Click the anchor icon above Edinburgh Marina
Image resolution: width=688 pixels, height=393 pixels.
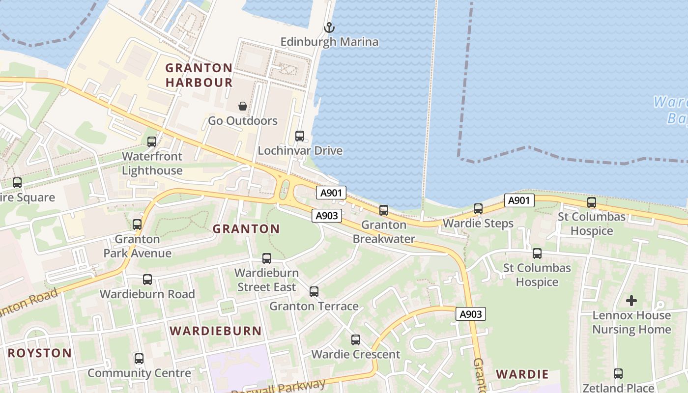[x=329, y=28]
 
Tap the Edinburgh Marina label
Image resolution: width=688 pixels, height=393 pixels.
[x=329, y=42]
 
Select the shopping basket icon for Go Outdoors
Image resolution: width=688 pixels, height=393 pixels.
[x=243, y=106]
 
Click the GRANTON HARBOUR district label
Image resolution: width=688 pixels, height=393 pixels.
[x=199, y=75]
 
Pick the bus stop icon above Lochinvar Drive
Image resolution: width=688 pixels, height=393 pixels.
[x=300, y=136]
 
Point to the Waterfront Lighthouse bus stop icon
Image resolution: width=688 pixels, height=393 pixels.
[x=152, y=142]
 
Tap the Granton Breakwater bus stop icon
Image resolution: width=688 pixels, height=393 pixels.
[x=384, y=210]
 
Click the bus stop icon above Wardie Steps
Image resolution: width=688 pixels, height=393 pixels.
[x=478, y=209]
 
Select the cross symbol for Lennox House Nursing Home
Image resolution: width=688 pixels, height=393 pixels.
[x=631, y=300]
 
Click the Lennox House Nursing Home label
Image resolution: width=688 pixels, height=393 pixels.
[x=631, y=322]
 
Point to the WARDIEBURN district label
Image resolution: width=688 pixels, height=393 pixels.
[x=216, y=331]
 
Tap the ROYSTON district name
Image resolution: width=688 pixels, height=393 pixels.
[x=40, y=353]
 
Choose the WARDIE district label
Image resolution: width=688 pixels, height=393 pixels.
[x=522, y=374]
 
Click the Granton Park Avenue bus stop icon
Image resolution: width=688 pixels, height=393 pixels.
[x=137, y=225]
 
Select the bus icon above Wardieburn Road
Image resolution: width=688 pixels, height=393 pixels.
[x=147, y=280]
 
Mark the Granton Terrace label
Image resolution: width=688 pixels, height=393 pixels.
[x=314, y=306]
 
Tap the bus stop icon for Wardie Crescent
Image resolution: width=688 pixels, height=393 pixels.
[x=356, y=340]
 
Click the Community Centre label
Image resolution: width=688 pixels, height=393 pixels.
[x=139, y=373]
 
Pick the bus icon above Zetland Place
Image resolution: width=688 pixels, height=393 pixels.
[x=618, y=374]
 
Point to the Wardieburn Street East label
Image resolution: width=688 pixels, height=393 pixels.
[x=266, y=280]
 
